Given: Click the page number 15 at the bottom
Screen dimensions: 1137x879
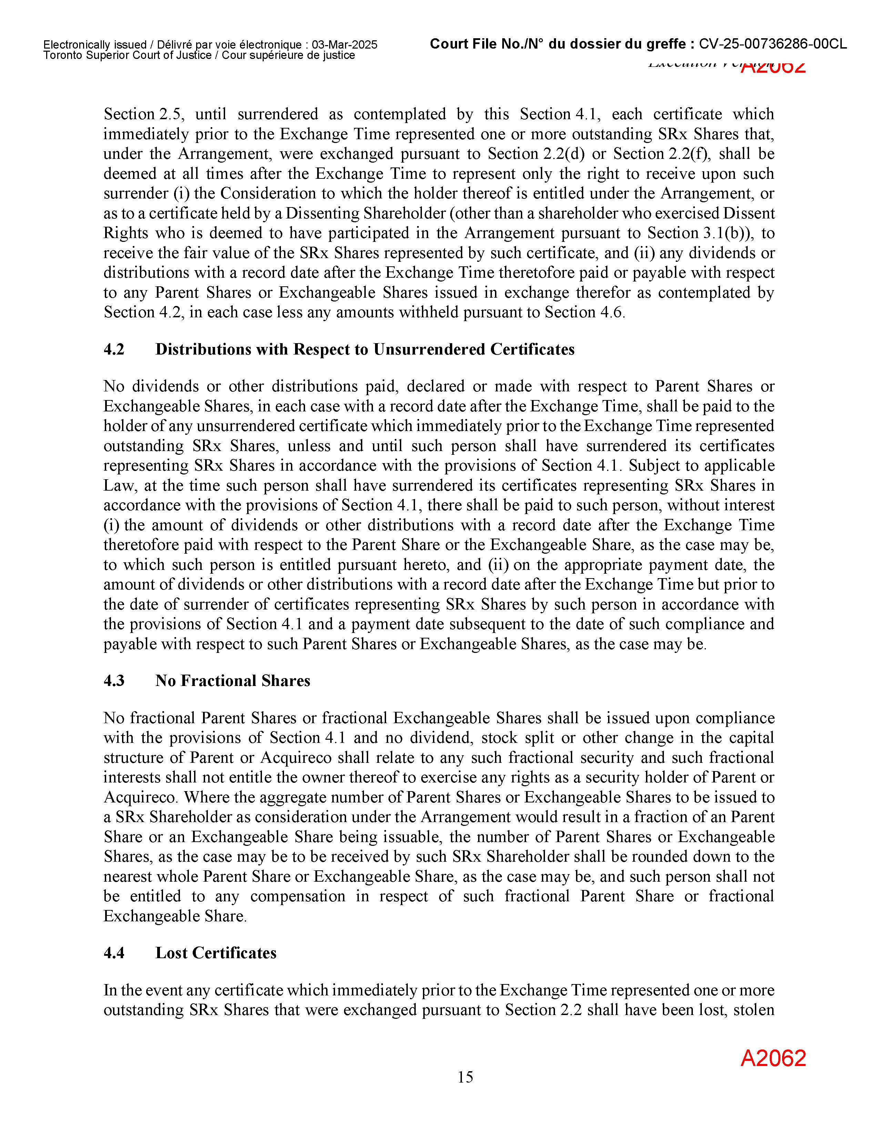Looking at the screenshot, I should pyautogui.click(x=465, y=1077).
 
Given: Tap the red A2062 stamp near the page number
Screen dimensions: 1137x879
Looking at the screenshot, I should pyautogui.click(x=773, y=1058).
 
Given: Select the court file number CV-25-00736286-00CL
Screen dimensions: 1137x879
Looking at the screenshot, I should pyautogui.click(x=773, y=44).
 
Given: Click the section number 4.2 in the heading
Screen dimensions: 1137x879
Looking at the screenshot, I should pyautogui.click(x=114, y=349).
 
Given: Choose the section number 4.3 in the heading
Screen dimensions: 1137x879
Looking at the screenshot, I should pyautogui.click(x=114, y=681).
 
